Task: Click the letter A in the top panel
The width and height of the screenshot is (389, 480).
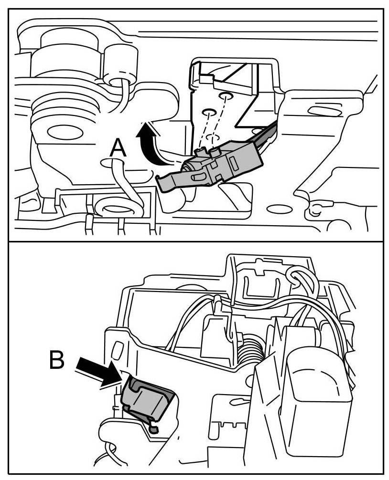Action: [x=118, y=148]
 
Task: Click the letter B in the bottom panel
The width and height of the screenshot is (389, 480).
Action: [x=56, y=361]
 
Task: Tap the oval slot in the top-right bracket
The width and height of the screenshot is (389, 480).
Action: [x=321, y=111]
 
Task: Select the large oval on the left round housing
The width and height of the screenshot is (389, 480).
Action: [x=60, y=131]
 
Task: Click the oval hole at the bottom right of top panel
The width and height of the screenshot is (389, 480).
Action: [x=279, y=209]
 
